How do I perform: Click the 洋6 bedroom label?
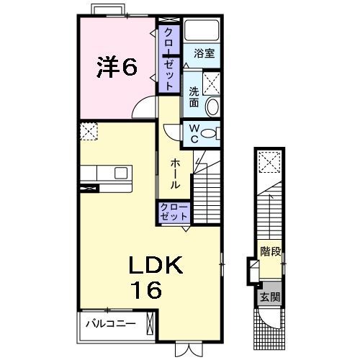pyautogui.click(x=117, y=66)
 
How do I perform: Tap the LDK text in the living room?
pyautogui.click(x=156, y=265)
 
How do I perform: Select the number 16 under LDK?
pyautogui.click(x=147, y=290)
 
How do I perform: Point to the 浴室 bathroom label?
pyautogui.click(x=204, y=53)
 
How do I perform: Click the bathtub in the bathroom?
pyautogui.click(x=202, y=30)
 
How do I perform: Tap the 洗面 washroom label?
pyautogui.click(x=194, y=97)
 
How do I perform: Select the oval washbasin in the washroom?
pyautogui.click(x=212, y=106)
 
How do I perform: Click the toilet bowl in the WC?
pyautogui.click(x=208, y=134)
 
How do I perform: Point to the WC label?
pyautogui.click(x=194, y=134)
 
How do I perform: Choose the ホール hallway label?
pyautogui.click(x=175, y=174)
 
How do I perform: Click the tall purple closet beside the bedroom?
pyautogui.click(x=169, y=59)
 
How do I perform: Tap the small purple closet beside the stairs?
pyautogui.click(x=174, y=212)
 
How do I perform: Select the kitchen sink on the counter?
pyautogui.click(x=121, y=173)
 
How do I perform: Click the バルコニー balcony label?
pyautogui.click(x=111, y=324)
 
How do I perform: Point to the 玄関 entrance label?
pyautogui.click(x=270, y=297)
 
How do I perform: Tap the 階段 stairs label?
pyautogui.click(x=271, y=251)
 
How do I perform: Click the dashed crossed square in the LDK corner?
pyautogui.click(x=89, y=131)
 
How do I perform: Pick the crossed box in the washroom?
pyautogui.click(x=211, y=84)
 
